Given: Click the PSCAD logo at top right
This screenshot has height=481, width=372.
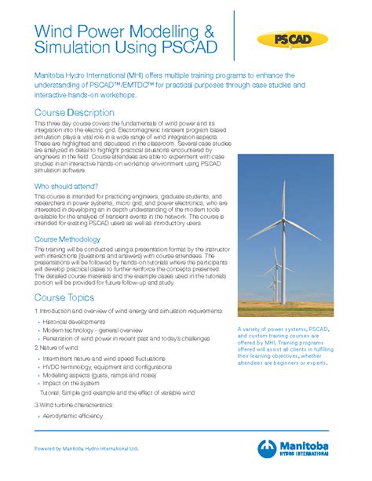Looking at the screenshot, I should point(297,38).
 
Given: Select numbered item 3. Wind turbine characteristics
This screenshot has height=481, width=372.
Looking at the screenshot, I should point(74,404).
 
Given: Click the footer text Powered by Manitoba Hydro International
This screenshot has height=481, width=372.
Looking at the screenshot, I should point(86,449).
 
